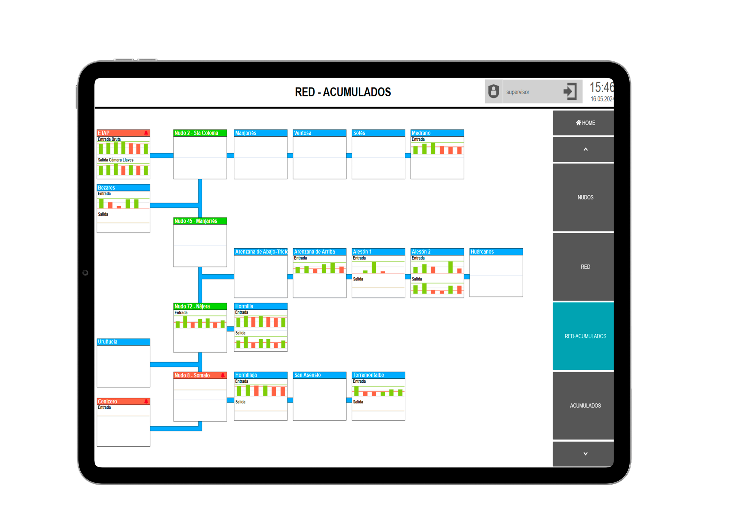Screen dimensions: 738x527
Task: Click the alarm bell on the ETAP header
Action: (x=146, y=133)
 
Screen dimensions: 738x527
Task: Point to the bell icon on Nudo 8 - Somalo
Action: (x=223, y=375)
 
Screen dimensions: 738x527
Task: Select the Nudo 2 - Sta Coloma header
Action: (x=200, y=133)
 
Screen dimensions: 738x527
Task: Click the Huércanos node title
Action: (x=482, y=252)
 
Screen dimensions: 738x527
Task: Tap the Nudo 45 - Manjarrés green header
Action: (x=200, y=221)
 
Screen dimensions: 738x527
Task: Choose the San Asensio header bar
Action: (x=319, y=375)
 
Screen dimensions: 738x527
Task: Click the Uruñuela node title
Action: (x=108, y=342)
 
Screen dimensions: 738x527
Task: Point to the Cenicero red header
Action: (x=123, y=401)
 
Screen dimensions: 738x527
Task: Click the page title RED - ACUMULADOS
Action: (x=343, y=92)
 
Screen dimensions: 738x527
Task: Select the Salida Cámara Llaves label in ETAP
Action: (x=116, y=160)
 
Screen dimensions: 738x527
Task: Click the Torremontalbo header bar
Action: (x=378, y=375)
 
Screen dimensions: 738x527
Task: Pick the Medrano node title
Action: (x=421, y=133)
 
